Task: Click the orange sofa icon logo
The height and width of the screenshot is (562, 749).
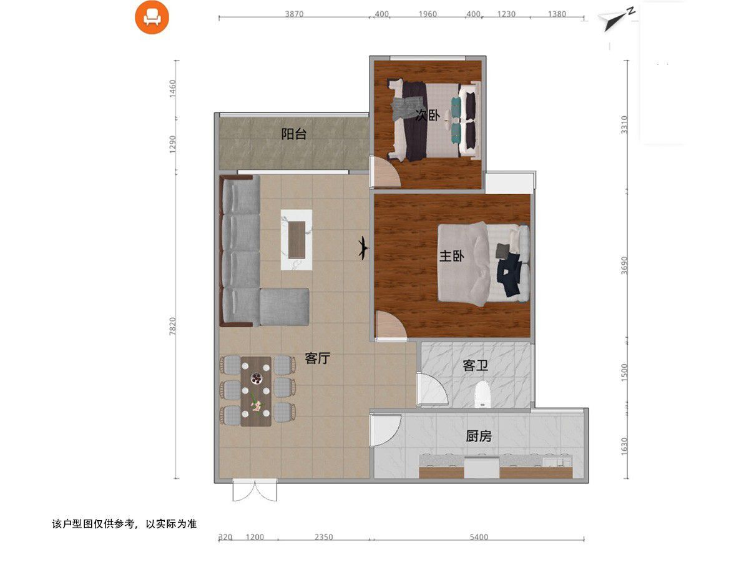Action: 152,17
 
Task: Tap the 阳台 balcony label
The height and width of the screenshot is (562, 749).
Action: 293,134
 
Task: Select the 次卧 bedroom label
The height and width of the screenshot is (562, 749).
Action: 428,115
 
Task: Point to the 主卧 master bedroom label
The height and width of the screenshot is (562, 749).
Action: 451,256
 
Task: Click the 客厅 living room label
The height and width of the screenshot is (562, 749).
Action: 317,358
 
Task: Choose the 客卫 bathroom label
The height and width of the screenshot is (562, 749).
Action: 475,366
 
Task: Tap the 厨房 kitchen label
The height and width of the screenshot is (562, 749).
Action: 479,436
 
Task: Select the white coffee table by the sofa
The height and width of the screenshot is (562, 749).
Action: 296,239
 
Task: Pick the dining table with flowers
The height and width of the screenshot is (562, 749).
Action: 256,391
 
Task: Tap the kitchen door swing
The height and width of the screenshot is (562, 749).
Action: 384,430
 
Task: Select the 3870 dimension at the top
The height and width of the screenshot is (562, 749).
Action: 293,14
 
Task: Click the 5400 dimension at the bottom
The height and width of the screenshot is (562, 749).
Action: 478,537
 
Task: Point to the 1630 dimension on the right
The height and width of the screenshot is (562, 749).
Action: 625,446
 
